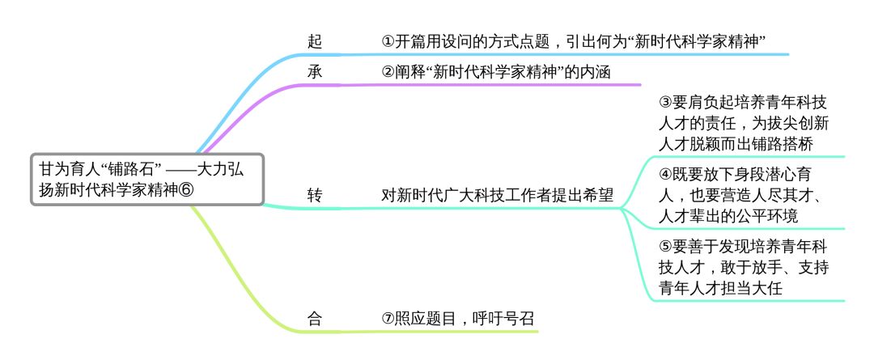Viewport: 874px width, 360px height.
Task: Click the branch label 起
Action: [315, 41]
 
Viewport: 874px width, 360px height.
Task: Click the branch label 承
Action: [315, 71]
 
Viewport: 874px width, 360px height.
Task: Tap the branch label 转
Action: [315, 195]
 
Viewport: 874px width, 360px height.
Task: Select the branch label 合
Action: [315, 318]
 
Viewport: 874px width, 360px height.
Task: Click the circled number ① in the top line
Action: [388, 41]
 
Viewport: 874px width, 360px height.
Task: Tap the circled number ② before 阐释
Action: [388, 71]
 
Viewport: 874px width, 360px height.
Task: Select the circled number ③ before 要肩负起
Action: [666, 103]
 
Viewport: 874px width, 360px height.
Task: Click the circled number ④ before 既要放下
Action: [666, 175]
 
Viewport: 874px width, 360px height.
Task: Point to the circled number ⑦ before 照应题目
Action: [388, 318]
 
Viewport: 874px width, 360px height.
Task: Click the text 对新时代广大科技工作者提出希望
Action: [497, 195]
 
